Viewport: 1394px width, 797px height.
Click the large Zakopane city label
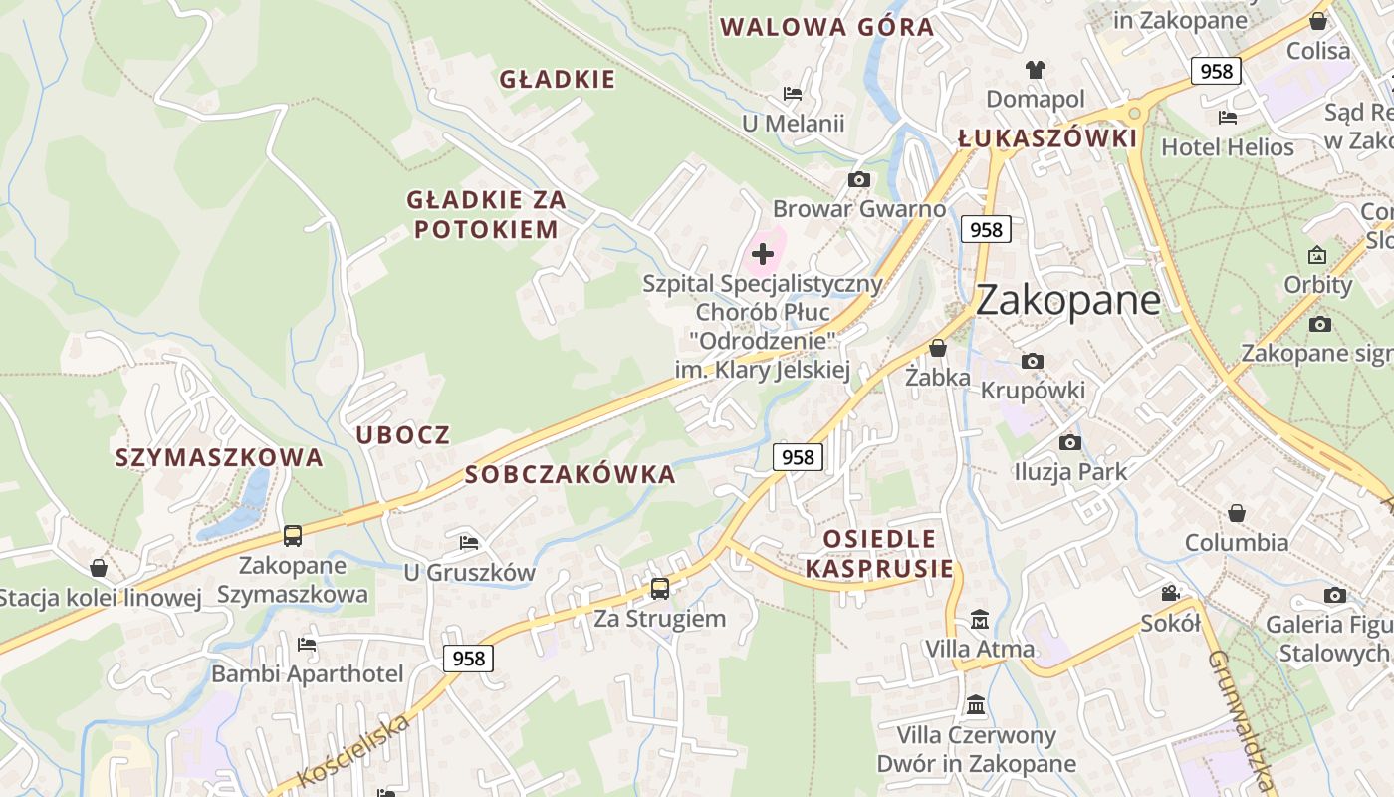(x=1067, y=300)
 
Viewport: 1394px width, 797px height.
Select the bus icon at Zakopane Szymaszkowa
(x=293, y=536)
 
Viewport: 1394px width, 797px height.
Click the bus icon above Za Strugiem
(x=660, y=589)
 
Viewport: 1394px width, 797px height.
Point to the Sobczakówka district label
(x=571, y=475)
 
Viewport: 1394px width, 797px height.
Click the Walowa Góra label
(x=827, y=27)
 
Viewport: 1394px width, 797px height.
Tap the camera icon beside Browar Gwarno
(x=858, y=180)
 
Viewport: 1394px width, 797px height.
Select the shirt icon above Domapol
(x=1036, y=70)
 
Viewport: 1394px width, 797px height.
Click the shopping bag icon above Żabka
(x=937, y=348)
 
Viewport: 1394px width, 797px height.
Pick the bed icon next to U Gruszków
(x=469, y=543)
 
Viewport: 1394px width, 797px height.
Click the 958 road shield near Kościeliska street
(x=468, y=659)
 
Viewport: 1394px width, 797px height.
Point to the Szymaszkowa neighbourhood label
(x=219, y=458)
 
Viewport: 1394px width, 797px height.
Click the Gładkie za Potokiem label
(x=487, y=215)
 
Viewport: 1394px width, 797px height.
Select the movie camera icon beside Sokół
(x=1170, y=594)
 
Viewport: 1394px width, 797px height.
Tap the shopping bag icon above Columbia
(x=1236, y=513)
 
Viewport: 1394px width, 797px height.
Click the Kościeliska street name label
(x=354, y=754)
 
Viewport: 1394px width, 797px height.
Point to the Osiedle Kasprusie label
(x=879, y=554)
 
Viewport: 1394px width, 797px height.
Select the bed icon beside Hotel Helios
(x=1227, y=118)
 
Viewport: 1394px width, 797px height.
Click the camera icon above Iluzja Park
(x=1069, y=442)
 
